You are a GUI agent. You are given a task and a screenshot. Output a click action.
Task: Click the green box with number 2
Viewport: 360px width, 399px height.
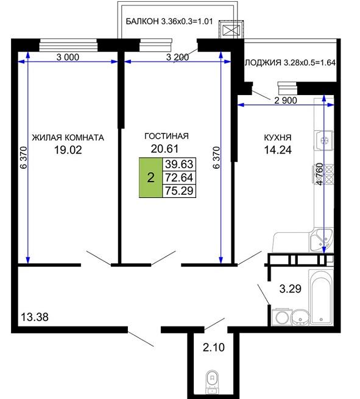150,177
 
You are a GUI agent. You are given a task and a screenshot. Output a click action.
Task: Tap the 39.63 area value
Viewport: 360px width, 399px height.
179,164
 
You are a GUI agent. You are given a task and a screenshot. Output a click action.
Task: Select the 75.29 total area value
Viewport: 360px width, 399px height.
179,191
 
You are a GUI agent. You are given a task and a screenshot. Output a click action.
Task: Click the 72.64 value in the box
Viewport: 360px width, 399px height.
179,177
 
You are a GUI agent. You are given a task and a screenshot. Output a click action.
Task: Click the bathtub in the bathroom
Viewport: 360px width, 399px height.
321,298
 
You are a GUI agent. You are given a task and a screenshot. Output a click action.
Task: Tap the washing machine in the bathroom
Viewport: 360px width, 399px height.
281,317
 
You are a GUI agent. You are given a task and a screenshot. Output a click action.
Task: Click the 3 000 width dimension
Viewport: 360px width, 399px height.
68,57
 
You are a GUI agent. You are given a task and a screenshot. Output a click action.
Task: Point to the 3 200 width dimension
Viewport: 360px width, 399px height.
178,57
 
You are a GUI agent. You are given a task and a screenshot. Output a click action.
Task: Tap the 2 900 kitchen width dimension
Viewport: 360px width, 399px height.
286,101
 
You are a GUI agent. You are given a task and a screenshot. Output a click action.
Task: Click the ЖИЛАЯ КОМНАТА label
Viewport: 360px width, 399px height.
68,138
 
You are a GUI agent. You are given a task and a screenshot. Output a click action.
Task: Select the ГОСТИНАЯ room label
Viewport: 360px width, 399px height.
167,136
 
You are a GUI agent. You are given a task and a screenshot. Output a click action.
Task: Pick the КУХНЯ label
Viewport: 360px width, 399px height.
278,138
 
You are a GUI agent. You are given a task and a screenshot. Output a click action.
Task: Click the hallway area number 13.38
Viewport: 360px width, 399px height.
35,317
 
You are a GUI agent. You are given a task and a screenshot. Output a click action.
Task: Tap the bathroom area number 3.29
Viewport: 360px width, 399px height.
291,289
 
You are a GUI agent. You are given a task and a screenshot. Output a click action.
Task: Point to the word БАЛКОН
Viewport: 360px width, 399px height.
142,21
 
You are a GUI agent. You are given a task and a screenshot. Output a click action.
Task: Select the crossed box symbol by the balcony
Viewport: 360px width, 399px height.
231,30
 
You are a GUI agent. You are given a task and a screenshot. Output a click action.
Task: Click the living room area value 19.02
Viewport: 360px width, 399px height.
68,150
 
